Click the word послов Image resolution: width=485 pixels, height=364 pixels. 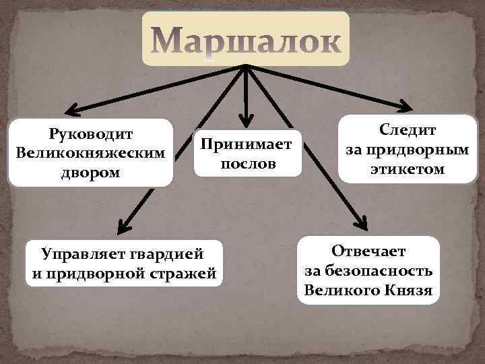click(248, 164)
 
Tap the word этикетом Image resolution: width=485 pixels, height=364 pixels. click(408, 169)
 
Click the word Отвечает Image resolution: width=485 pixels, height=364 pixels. click(368, 252)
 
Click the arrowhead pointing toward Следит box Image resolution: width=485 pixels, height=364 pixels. click(406, 107)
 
